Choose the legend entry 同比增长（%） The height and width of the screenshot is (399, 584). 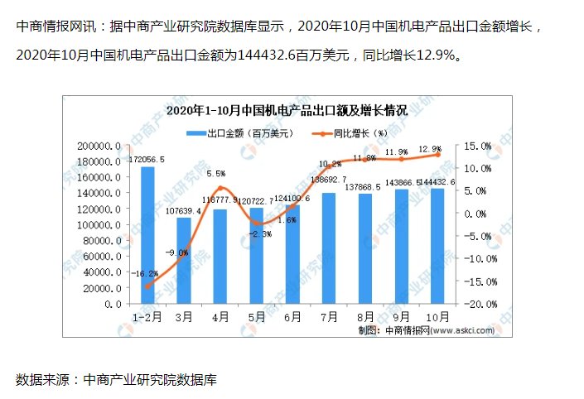349,132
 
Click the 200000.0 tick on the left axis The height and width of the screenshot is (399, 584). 100,146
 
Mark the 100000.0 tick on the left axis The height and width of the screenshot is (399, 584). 100,225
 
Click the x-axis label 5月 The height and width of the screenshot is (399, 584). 256,317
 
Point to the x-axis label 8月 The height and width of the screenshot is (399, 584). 364,317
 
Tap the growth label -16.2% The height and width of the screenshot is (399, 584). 144,272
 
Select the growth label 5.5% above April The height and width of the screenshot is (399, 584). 215,174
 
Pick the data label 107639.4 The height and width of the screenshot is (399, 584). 183,210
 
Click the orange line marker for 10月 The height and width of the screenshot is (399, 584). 437,154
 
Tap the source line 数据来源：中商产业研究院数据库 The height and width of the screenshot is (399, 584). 116,380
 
